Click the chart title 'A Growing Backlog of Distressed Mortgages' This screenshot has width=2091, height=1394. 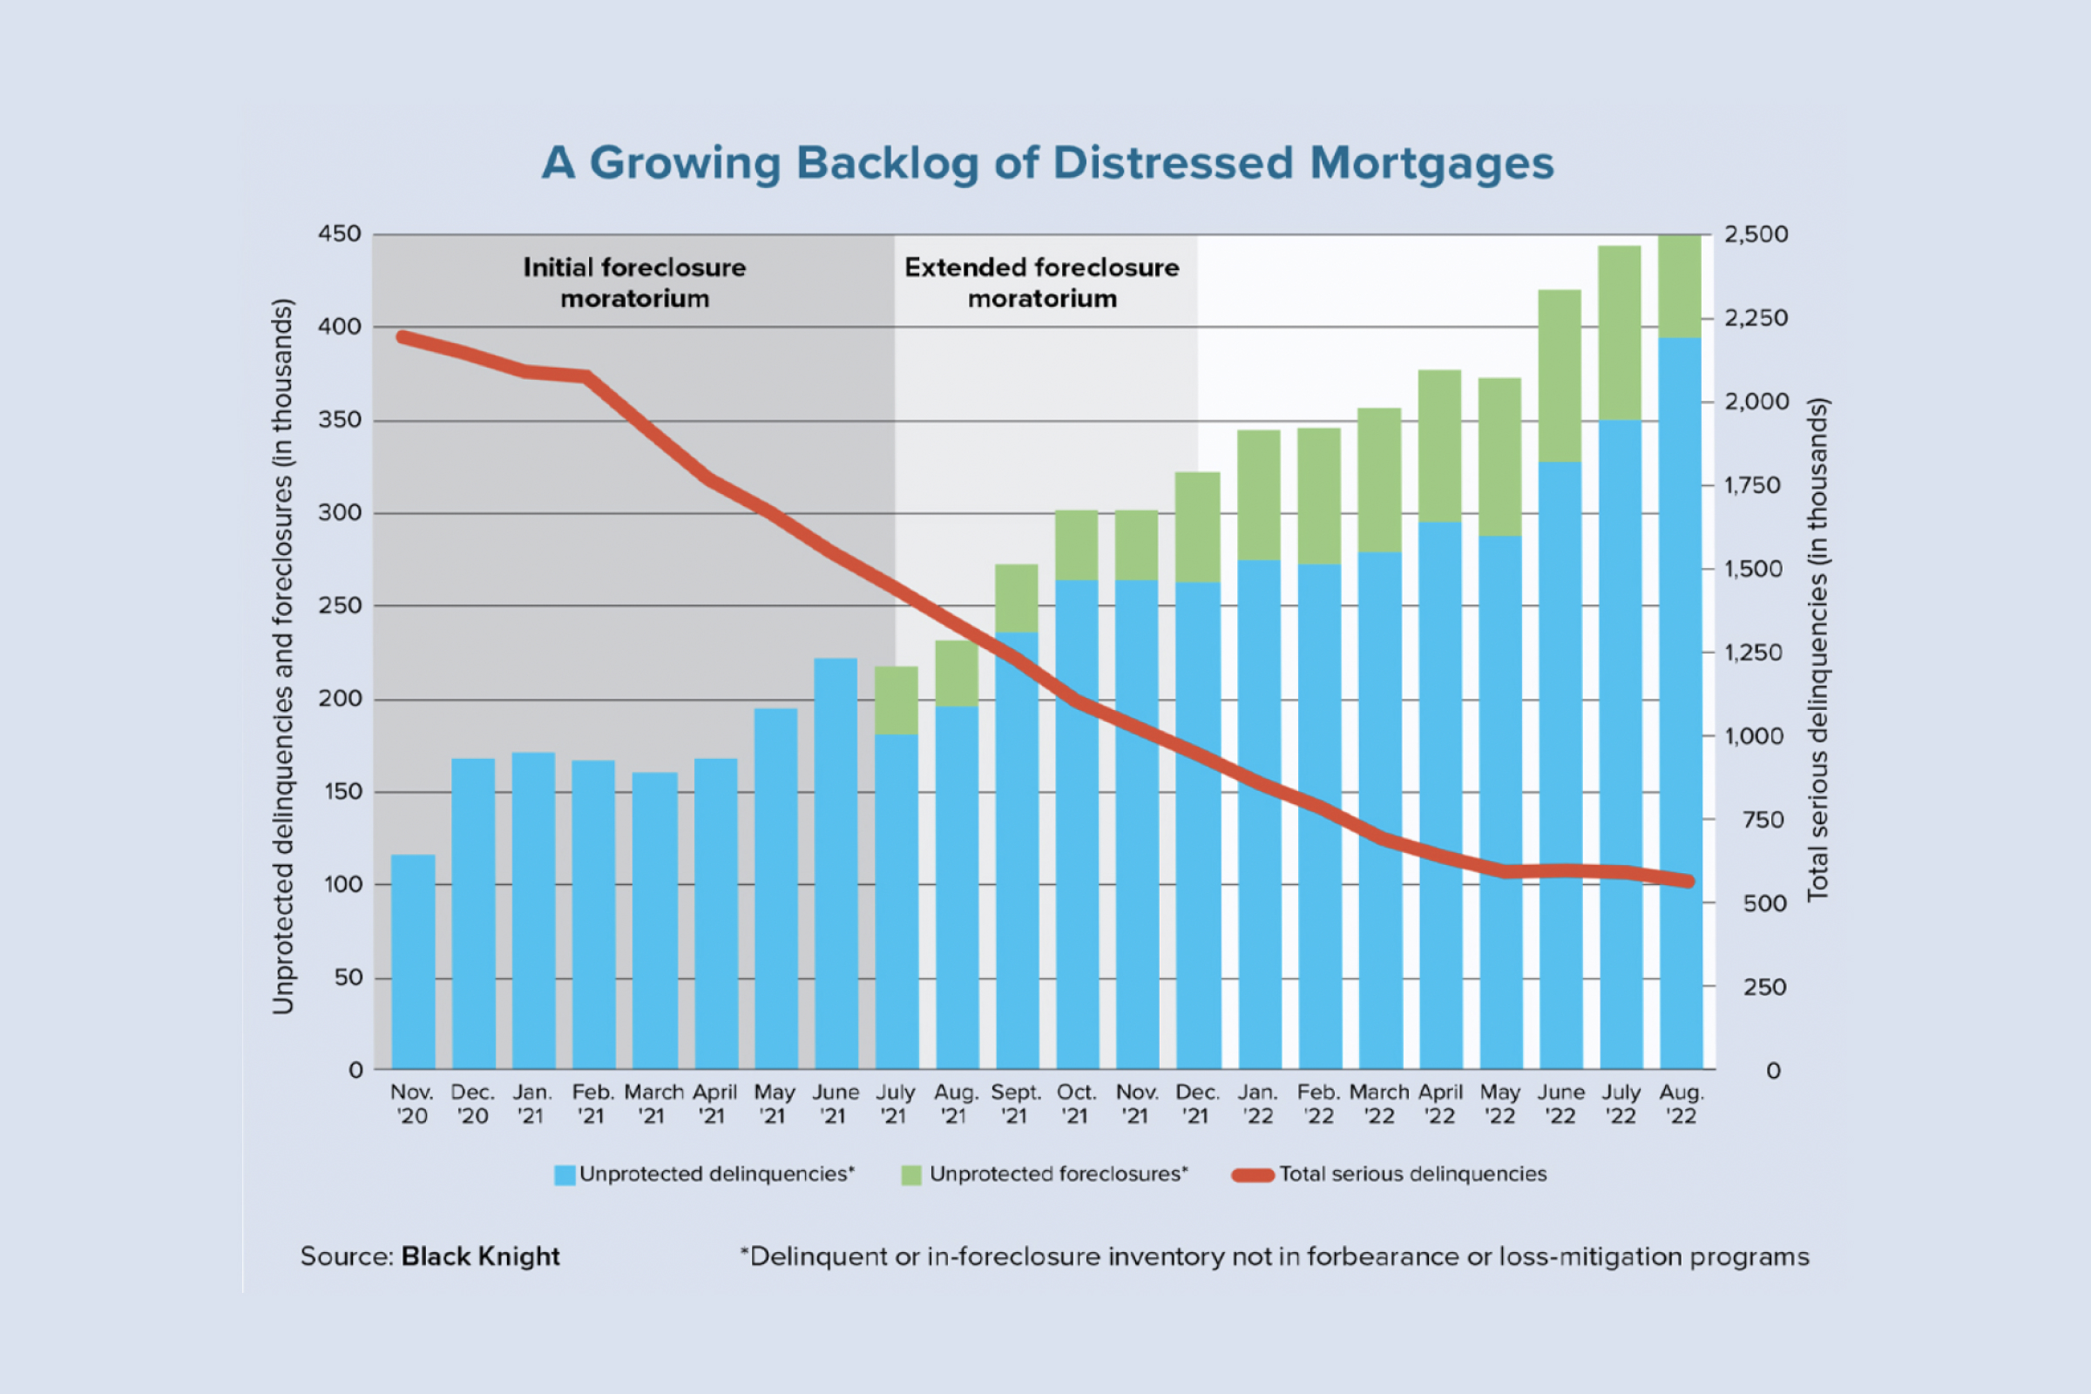[1047, 164]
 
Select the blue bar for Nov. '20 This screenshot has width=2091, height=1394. [413, 960]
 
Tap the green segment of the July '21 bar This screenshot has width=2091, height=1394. [897, 700]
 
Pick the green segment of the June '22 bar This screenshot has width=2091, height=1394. [1560, 376]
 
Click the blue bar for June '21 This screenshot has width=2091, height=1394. [836, 863]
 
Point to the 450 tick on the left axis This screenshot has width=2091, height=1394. [340, 234]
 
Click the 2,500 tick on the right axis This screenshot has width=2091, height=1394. [1756, 234]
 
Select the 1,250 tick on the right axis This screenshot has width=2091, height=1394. [1753, 653]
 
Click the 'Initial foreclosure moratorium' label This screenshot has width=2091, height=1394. [635, 282]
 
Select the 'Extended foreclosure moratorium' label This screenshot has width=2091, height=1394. [1042, 282]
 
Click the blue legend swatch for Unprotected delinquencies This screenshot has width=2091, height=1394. [565, 1175]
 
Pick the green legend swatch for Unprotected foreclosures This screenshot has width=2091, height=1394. [911, 1175]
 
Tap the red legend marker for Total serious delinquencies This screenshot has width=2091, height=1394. [1253, 1175]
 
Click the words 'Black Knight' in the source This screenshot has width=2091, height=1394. [480, 1256]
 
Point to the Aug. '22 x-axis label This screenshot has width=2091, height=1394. [1682, 1104]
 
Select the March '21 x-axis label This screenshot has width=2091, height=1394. [653, 1104]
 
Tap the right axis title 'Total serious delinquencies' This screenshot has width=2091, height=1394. [1817, 649]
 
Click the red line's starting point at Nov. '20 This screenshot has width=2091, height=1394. [403, 337]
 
